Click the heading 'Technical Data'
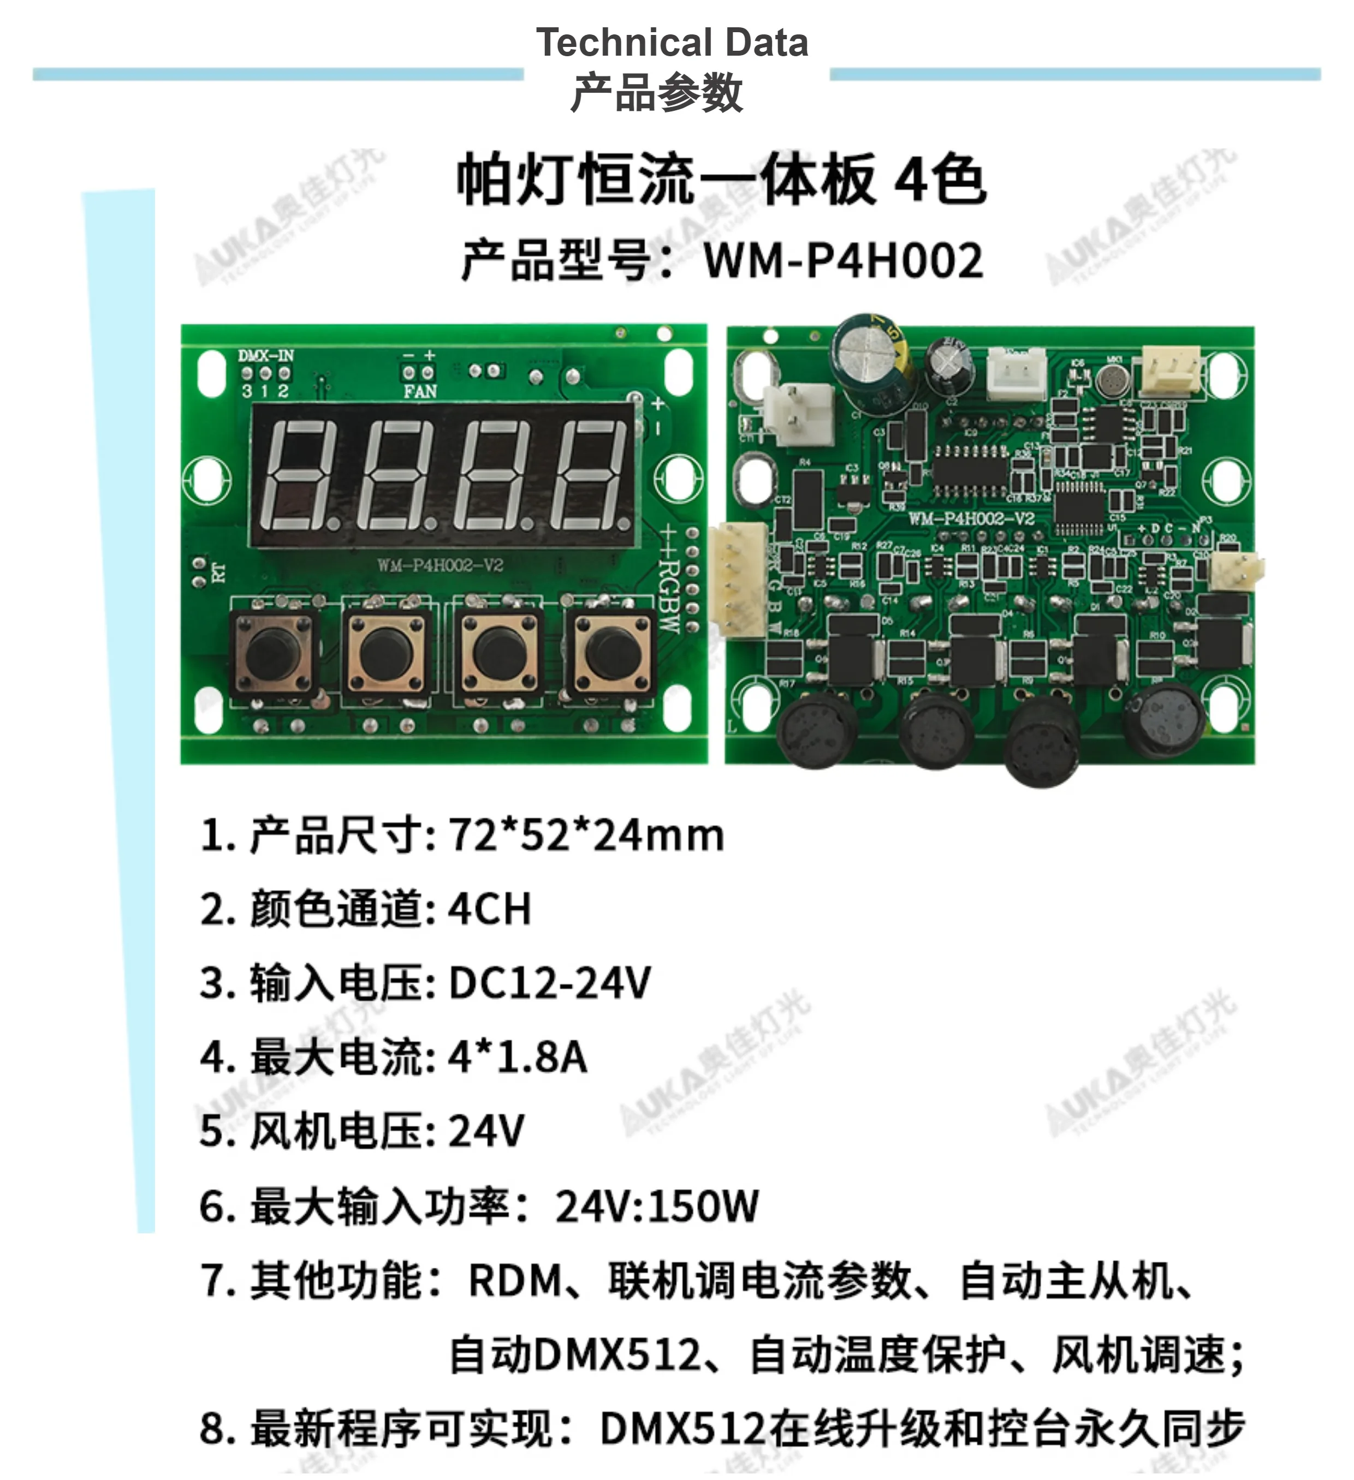(672, 43)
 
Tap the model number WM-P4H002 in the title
(843, 261)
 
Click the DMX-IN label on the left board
(266, 356)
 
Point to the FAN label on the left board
(420, 392)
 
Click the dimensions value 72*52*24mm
(586, 836)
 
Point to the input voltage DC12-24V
(549, 983)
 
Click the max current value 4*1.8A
(518, 1057)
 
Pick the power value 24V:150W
(656, 1206)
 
